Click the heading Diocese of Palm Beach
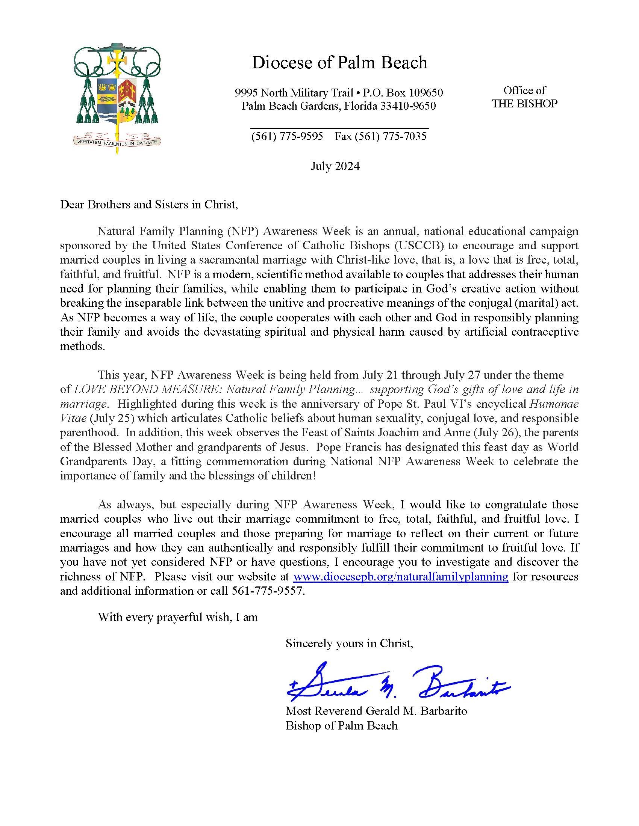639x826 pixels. click(339, 63)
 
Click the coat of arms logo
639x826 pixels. click(117, 95)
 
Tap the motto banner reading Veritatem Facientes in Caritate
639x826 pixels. click(117, 142)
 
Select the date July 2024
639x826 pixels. click(335, 166)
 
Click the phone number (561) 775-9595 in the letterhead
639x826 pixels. click(287, 136)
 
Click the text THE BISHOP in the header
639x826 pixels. click(524, 104)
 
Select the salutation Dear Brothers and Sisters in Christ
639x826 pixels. click(149, 205)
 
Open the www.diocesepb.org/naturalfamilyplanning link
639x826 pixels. click(401, 576)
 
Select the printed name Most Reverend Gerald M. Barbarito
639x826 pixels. click(376, 711)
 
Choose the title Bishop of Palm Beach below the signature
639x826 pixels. click(341, 725)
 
